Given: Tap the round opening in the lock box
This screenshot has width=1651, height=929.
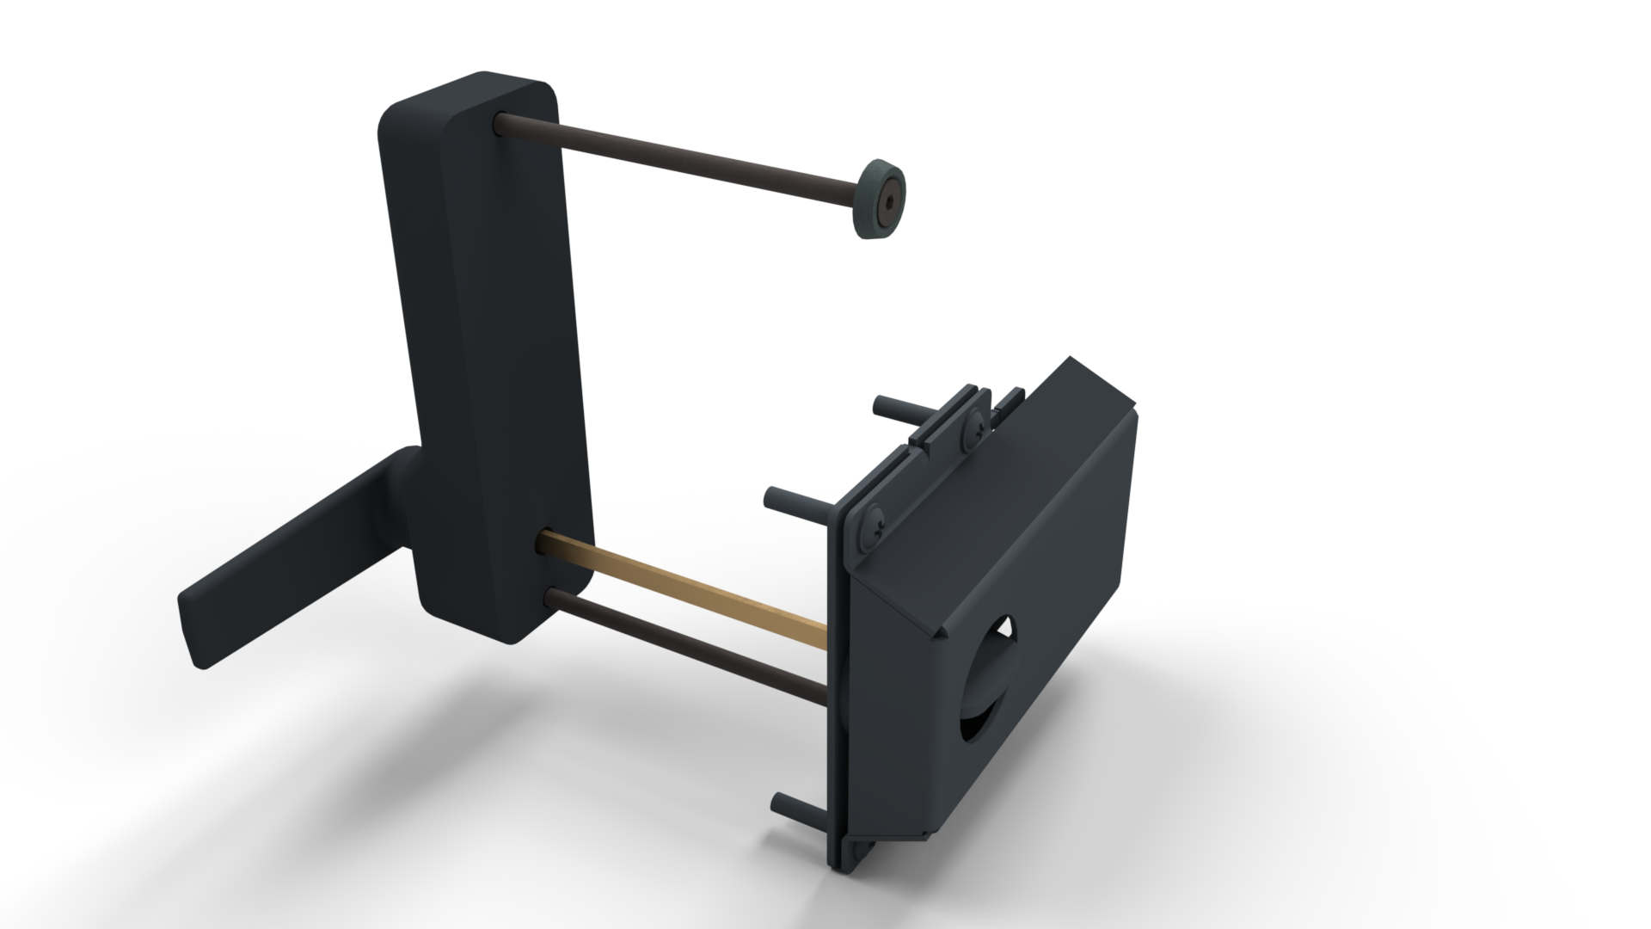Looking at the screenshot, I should [989, 688].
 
